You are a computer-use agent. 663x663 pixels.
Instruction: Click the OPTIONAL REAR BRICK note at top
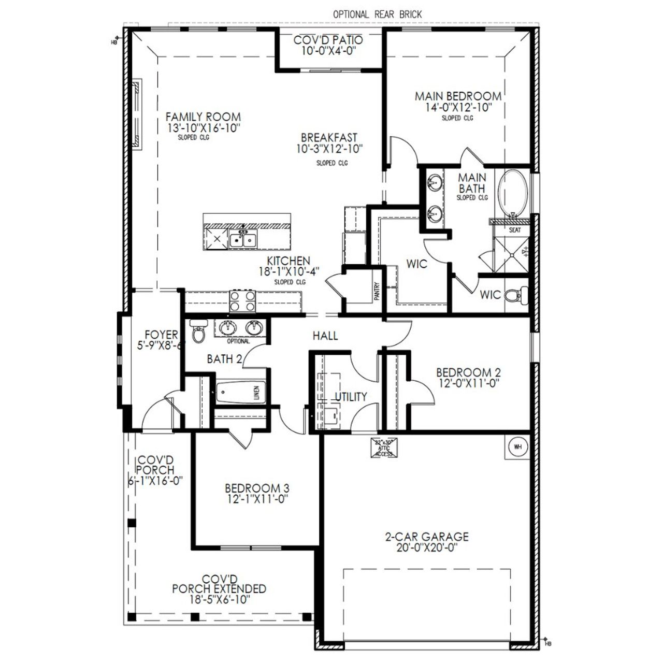point(377,15)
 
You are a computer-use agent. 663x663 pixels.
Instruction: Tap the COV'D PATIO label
point(328,40)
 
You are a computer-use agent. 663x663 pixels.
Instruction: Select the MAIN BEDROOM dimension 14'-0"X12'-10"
point(458,108)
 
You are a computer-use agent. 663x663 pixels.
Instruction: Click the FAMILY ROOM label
point(203,117)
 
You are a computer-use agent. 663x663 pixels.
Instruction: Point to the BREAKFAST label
point(329,138)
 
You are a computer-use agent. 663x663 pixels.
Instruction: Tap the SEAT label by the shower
point(514,230)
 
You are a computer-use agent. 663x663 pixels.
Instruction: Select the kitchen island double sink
point(243,240)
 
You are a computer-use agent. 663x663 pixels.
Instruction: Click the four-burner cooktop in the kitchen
point(242,301)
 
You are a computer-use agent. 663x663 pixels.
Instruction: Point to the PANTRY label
point(378,291)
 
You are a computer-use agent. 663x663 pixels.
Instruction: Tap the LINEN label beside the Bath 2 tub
point(256,393)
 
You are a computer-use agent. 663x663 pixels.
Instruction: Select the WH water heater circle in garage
point(517,446)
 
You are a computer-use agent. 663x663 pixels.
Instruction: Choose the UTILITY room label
point(351,397)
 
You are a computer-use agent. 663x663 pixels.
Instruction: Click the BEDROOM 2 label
point(468,372)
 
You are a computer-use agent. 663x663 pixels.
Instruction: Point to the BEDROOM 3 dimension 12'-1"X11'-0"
point(256,499)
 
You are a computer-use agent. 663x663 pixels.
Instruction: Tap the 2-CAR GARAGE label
point(426,537)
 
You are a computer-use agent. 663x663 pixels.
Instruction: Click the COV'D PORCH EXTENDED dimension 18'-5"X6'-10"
point(219,600)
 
